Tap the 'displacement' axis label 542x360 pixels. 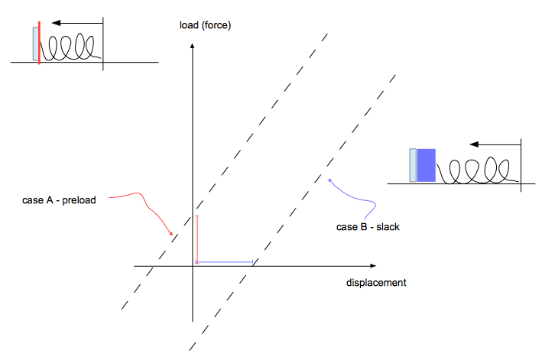click(375, 283)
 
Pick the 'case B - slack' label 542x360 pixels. click(368, 227)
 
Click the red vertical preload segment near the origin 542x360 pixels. click(196, 239)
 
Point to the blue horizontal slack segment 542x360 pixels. click(225, 263)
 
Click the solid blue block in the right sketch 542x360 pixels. click(426, 165)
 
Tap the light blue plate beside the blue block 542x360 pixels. click(414, 165)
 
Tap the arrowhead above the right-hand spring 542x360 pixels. click(475, 144)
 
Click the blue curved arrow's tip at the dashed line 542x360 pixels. click(329, 180)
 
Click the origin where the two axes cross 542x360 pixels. click(193, 265)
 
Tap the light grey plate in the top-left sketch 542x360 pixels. click(34, 44)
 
